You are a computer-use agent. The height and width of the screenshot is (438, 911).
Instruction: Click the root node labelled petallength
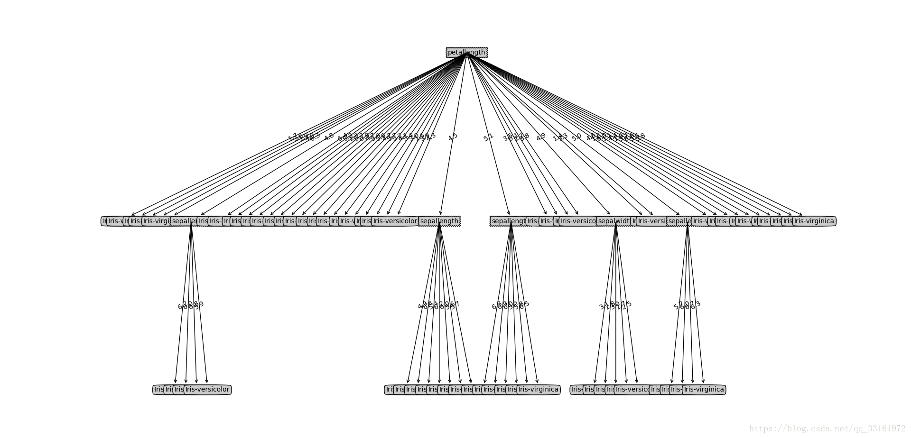tap(466, 52)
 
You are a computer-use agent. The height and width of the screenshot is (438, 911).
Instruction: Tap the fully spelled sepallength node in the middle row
tap(439, 221)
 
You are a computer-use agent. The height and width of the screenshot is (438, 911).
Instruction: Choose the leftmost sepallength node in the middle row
tap(184, 221)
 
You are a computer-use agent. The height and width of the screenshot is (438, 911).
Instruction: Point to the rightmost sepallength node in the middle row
tap(678, 221)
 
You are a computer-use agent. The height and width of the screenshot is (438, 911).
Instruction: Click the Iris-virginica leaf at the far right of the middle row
tap(814, 221)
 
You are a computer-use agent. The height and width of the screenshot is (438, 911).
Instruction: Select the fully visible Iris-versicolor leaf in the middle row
tap(395, 221)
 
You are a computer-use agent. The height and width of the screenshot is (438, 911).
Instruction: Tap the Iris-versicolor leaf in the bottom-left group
tap(207, 390)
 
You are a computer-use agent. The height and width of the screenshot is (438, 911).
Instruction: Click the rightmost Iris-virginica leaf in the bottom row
tap(704, 390)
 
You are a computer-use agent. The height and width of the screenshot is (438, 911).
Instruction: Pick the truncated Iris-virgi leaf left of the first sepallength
tap(157, 221)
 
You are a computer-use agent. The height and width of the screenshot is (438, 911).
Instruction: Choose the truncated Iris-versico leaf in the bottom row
tap(632, 390)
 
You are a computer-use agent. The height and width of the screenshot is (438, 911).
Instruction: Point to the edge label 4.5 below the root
tap(453, 137)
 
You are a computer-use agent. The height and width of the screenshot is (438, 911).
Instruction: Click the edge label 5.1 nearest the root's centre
tap(488, 137)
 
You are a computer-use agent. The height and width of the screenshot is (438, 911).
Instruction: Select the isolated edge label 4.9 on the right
tap(541, 137)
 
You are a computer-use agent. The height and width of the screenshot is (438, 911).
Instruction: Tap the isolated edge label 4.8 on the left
tap(329, 137)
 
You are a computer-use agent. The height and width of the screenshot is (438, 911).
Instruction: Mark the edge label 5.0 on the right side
tap(576, 137)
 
